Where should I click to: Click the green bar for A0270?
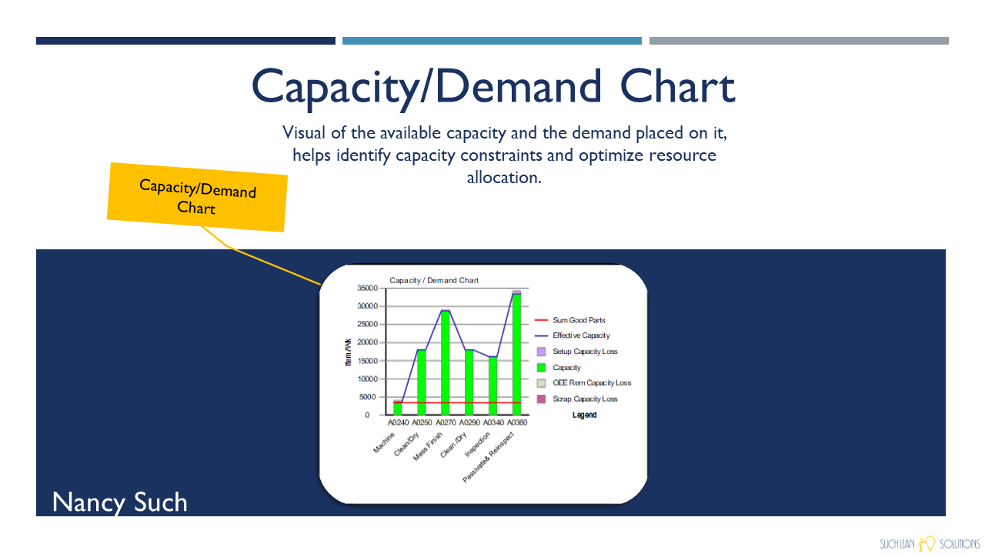(445, 362)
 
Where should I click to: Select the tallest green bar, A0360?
(516, 355)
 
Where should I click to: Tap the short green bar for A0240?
(398, 409)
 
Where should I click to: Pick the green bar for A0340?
(493, 385)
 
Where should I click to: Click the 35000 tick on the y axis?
(368, 288)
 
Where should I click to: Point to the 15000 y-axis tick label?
(368, 361)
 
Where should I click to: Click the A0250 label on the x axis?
(422, 422)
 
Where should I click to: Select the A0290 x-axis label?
(469, 422)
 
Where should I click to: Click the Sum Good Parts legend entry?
(570, 320)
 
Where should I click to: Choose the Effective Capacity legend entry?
(572, 335)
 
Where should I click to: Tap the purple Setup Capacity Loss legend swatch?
(541, 352)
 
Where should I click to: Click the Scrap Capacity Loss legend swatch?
(541, 399)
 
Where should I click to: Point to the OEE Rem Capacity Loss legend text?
(592, 383)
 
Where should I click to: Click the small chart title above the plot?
(434, 281)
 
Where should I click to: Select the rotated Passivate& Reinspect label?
(488, 457)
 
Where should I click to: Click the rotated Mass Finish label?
(427, 447)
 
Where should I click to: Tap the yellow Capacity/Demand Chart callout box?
(197, 197)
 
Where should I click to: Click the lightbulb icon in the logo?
(927, 543)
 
